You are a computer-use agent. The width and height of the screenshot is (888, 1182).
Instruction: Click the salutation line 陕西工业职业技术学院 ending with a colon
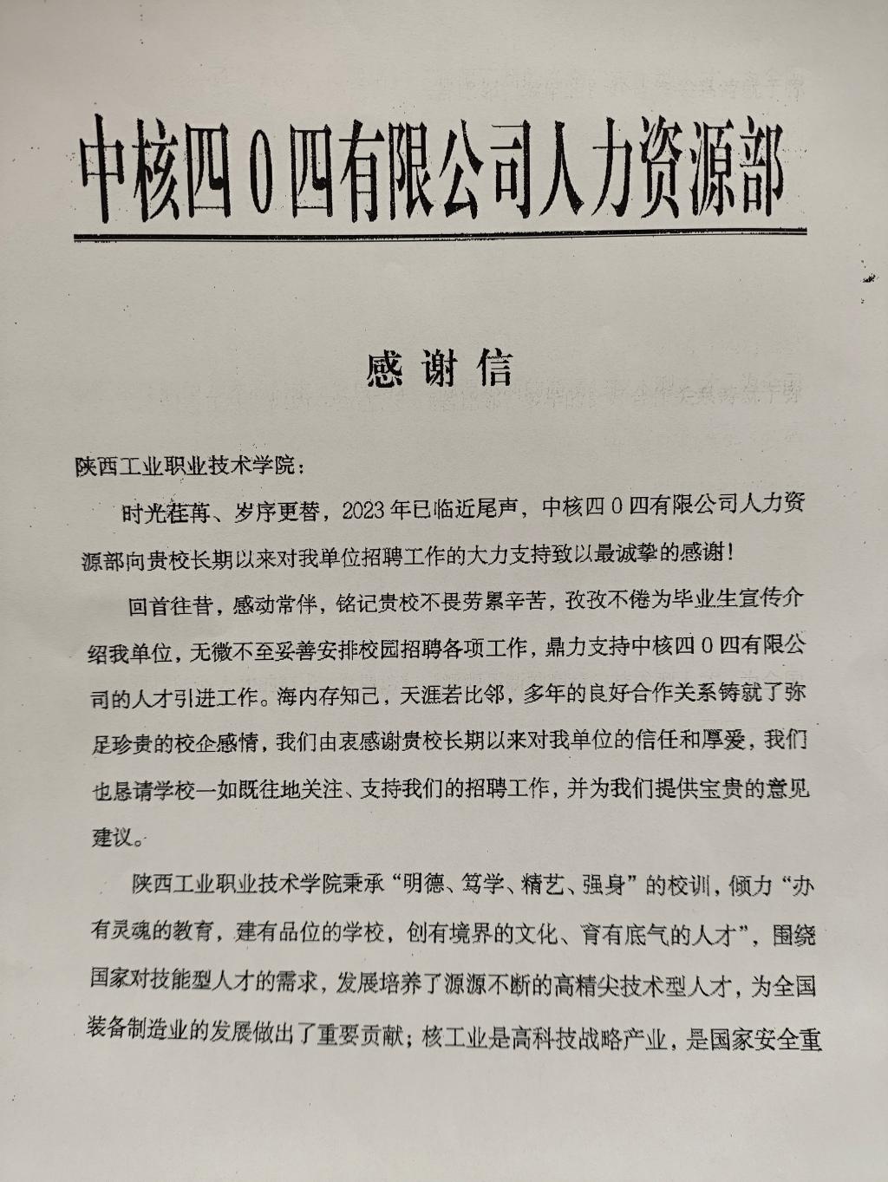tap(189, 466)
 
